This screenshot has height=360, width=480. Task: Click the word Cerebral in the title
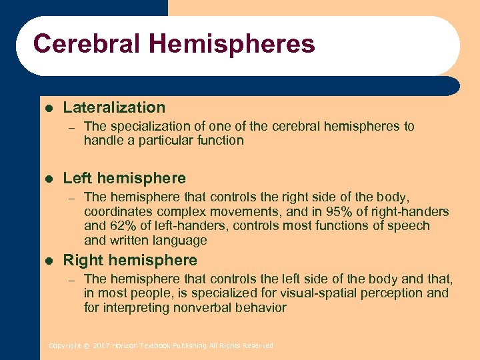tap(88, 44)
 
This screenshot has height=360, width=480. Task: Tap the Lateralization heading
tap(114, 107)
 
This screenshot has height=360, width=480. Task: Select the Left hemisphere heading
tap(124, 178)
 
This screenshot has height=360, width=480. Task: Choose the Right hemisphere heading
tap(130, 260)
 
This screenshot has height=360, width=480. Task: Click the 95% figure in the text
tap(341, 211)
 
